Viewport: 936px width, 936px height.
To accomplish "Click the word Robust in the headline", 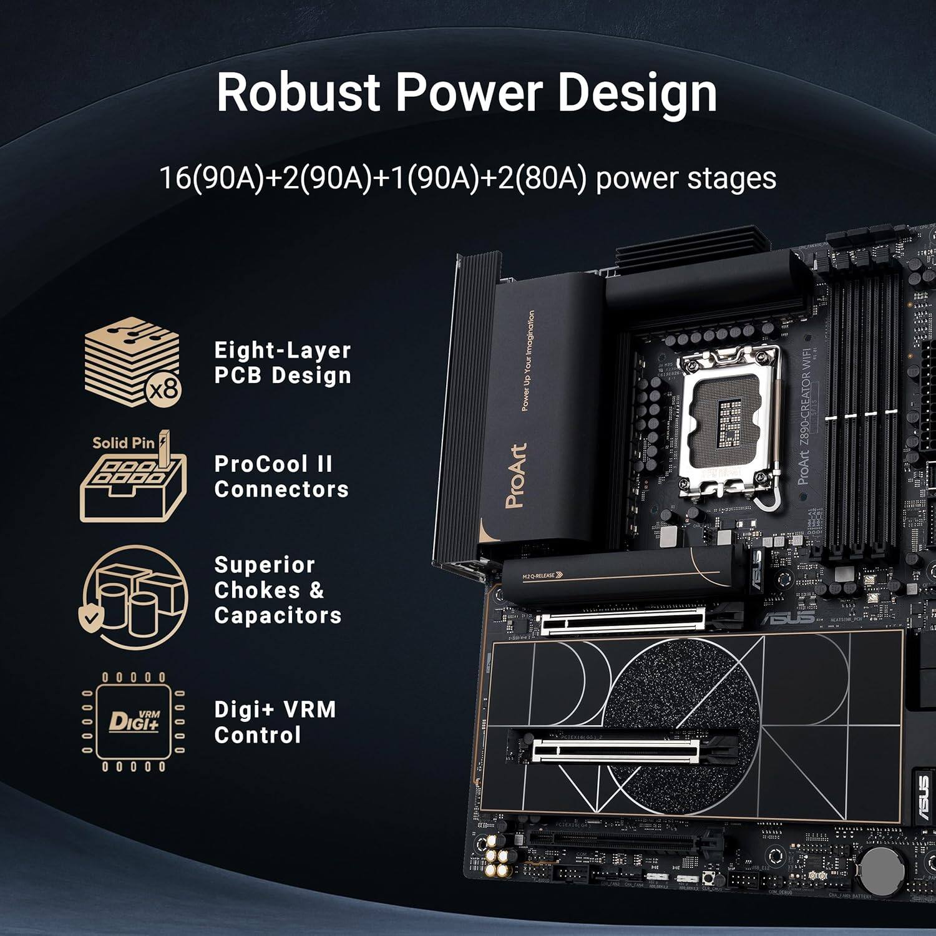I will [x=298, y=92].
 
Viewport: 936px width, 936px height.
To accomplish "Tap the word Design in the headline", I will [x=636, y=92].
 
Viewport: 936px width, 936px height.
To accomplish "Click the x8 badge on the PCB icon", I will [x=163, y=390].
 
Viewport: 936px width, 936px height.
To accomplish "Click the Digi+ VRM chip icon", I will [x=134, y=721].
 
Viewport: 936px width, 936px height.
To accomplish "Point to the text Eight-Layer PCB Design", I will [x=283, y=363].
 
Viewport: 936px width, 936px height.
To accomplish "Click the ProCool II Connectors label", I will [x=281, y=477].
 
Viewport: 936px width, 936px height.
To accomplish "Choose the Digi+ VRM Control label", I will [x=275, y=722].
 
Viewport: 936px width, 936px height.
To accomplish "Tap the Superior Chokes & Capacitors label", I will [x=278, y=590].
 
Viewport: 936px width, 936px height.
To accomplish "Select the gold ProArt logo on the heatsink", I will [x=516, y=475].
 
